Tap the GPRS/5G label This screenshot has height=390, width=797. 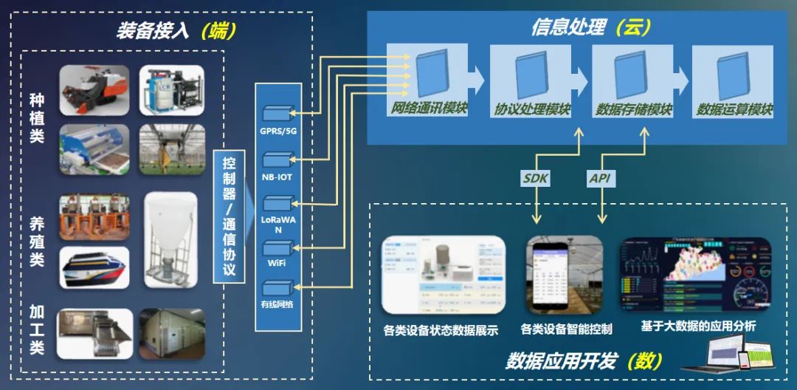277,131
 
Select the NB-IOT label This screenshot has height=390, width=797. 277,177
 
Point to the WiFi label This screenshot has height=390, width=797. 277,263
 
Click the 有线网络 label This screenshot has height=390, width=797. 277,304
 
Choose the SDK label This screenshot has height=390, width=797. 536,177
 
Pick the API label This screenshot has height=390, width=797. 601,177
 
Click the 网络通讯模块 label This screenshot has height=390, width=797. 429,109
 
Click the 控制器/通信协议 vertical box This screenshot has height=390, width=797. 229,216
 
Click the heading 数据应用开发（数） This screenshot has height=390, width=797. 583,361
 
